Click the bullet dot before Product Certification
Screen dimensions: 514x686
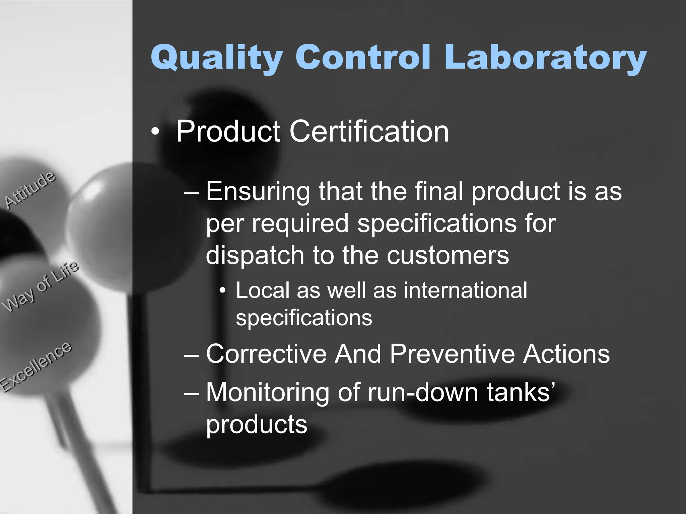coord(155,132)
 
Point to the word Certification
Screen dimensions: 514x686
coord(368,131)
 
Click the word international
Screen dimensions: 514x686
coord(465,290)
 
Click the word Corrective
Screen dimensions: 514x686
coord(266,354)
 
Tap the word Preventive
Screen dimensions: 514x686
coord(452,354)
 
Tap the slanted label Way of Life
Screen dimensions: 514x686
coord(40,286)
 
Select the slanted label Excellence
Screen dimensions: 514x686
coord(35,366)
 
